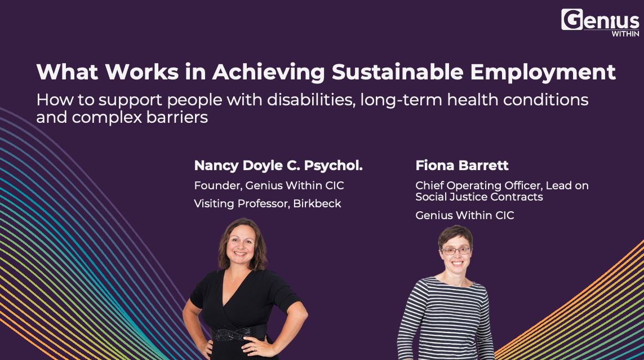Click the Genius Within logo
click(x=600, y=23)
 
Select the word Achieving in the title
click(x=269, y=73)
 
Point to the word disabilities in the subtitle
click(x=312, y=100)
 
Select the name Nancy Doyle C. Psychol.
click(x=278, y=166)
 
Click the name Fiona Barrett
click(x=462, y=166)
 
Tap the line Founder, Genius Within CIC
click(x=269, y=185)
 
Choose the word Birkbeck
click(x=317, y=203)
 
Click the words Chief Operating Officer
click(x=479, y=185)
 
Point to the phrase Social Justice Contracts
click(x=479, y=197)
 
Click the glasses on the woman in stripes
click(x=456, y=250)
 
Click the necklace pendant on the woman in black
click(x=234, y=280)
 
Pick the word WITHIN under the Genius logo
click(x=625, y=34)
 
